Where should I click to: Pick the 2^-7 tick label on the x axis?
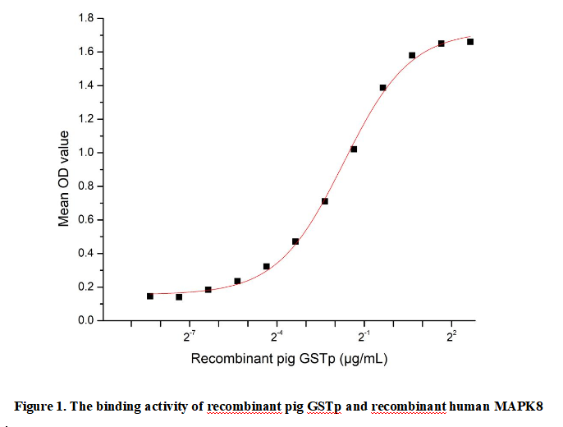(x=190, y=336)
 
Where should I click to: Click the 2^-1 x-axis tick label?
(x=364, y=336)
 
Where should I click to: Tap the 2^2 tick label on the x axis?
(x=451, y=336)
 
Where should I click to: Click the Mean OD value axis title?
(x=63, y=169)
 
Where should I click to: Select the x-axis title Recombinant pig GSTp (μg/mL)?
(x=289, y=359)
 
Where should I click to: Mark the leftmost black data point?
(x=150, y=296)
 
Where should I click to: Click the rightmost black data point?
(x=470, y=42)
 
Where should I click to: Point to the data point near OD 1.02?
(x=354, y=149)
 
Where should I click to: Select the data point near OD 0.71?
(x=325, y=201)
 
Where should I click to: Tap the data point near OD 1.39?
(x=382, y=87)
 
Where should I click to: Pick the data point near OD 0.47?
(x=295, y=241)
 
